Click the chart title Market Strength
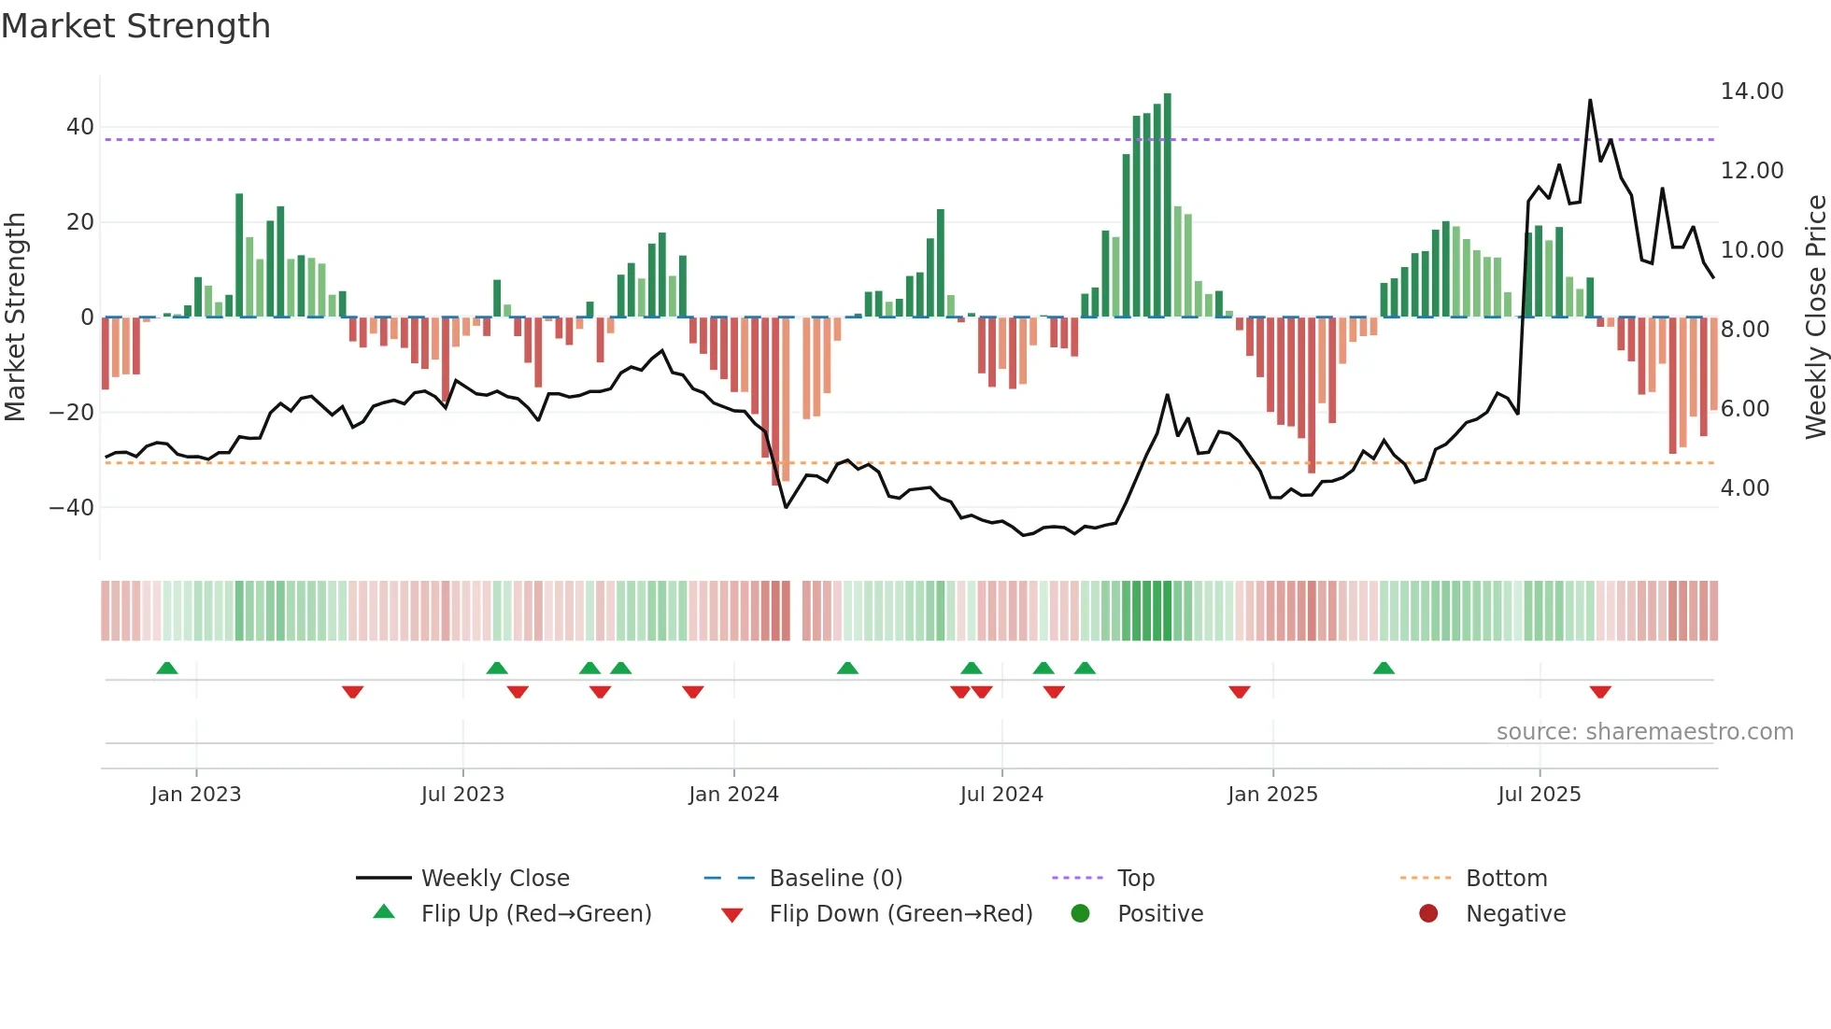pyautogui.click(x=135, y=26)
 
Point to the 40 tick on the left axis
pyautogui.click(x=80, y=127)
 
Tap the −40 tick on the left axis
pyautogui.click(x=73, y=508)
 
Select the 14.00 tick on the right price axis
pyautogui.click(x=1752, y=92)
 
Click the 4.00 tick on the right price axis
pyautogui.click(x=1745, y=488)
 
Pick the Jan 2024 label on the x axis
pyautogui.click(x=733, y=795)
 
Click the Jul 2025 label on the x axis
pyautogui.click(x=1539, y=795)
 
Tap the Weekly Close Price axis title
pyautogui.click(x=1815, y=317)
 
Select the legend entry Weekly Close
pyautogui.click(x=494, y=879)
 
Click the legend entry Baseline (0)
pyautogui.click(x=835, y=879)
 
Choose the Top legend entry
pyautogui.click(x=1135, y=879)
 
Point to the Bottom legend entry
pyautogui.click(x=1506, y=879)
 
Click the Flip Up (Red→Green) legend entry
pyautogui.click(x=535, y=914)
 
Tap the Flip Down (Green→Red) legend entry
pyautogui.click(x=901, y=914)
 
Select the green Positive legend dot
pyautogui.click(x=1081, y=914)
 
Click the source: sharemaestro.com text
pyautogui.click(x=1644, y=732)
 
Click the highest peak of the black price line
pyautogui.click(x=1590, y=101)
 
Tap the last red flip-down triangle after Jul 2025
pyautogui.click(x=1600, y=692)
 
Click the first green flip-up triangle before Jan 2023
pyautogui.click(x=167, y=668)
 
